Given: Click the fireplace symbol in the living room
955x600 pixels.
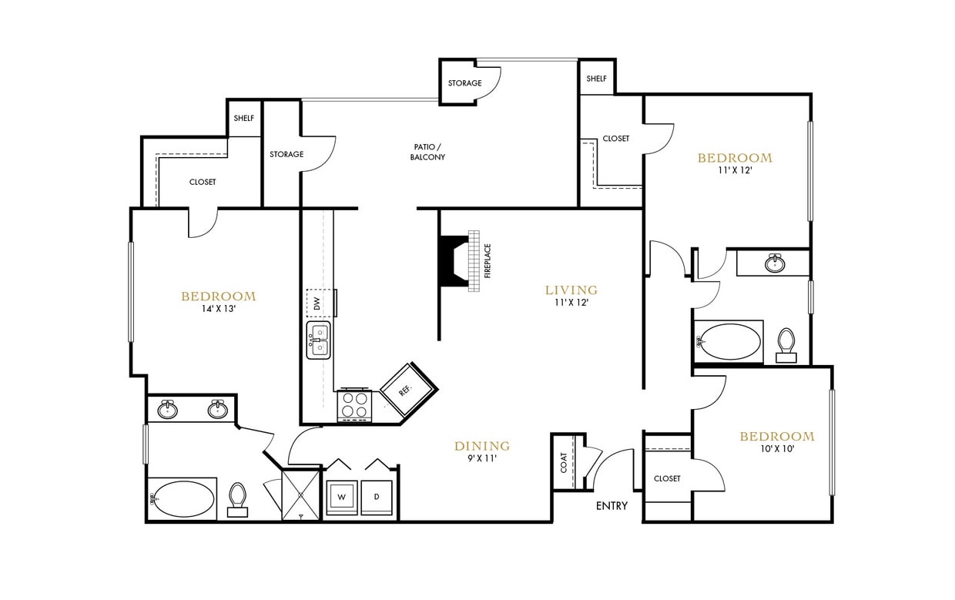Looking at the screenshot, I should tap(459, 260).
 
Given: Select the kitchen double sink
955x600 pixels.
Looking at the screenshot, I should tap(318, 340).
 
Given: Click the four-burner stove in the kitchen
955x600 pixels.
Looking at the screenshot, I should tap(354, 406).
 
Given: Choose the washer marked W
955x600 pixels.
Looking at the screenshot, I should tap(341, 497).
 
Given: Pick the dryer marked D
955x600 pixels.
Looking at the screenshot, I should tap(377, 497).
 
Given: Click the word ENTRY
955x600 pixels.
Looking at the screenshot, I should tap(612, 506).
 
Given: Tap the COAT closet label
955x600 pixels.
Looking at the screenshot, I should tap(564, 462).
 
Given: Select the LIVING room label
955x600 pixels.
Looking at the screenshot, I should tap(571, 290).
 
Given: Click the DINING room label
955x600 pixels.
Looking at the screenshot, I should tap(482, 446).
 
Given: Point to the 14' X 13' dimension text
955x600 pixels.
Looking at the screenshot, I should tap(218, 309).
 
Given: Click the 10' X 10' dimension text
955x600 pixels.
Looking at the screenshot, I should tap(776, 448).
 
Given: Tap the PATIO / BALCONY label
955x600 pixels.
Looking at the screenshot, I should tap(427, 152).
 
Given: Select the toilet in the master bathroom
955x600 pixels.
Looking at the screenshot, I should tap(238, 499).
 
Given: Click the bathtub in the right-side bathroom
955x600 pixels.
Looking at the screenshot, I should tap(728, 341).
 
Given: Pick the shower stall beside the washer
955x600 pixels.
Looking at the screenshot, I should tap(301, 495).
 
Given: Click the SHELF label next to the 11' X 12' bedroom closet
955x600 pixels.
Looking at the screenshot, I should tap(597, 79).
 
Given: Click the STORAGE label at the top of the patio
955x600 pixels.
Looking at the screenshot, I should tap(464, 83).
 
